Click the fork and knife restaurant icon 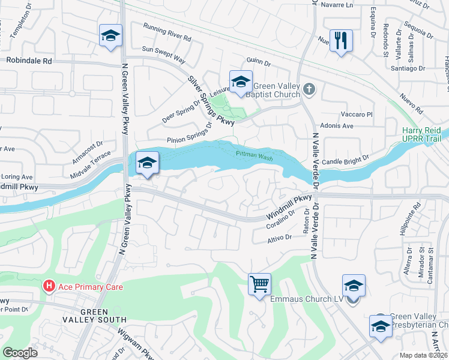pos(341,41)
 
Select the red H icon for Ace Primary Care pos(49,287)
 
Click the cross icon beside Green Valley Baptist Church pos(309,89)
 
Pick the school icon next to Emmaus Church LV pos(354,286)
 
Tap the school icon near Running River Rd pos(110,36)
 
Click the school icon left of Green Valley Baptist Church pos(240,82)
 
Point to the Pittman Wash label pos(254,155)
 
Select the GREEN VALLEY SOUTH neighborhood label pos(95,316)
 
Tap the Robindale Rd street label pos(29,61)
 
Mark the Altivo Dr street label pos(279,238)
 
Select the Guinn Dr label pos(260,61)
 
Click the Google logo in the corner pos(20,352)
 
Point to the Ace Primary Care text pos(90,287)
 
